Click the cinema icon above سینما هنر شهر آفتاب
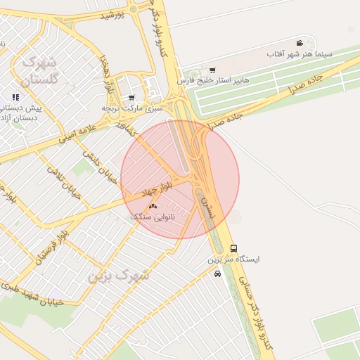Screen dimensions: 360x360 (x=300, y=44)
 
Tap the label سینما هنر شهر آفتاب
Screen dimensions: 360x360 (x=300, y=53)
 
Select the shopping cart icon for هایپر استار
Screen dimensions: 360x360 (x=212, y=70)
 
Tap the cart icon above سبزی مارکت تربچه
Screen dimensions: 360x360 (x=131, y=98)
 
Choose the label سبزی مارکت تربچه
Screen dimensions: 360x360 (x=132, y=108)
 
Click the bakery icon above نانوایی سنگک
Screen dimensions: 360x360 (x=153, y=207)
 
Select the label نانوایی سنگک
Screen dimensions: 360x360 (x=153, y=217)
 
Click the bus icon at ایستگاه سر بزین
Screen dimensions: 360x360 (x=233, y=248)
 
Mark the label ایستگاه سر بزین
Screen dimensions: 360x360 (x=233, y=259)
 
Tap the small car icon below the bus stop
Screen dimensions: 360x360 (x=218, y=274)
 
